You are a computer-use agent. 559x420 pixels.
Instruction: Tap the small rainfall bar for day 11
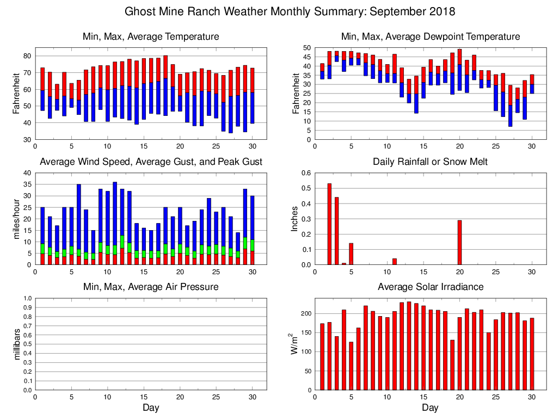pos(395,262)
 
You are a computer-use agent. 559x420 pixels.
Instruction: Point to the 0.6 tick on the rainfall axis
pos(305,174)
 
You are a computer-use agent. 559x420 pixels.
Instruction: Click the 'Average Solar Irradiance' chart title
pos(430,287)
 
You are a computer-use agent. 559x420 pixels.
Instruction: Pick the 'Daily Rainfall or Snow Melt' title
pos(430,162)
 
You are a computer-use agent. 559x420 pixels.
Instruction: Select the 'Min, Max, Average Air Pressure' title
pos(151,287)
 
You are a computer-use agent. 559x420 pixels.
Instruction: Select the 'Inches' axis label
pos(294,219)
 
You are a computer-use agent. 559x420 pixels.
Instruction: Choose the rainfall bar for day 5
pos(351,254)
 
